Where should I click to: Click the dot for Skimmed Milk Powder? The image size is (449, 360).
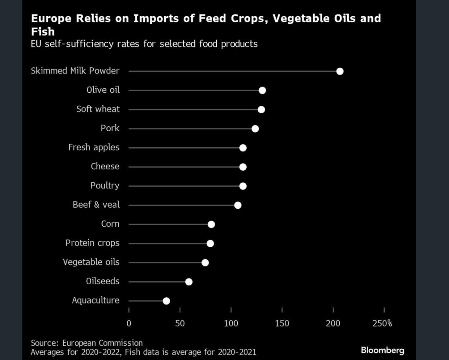(340, 71)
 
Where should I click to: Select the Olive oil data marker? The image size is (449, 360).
(262, 90)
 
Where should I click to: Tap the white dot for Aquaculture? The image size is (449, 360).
(166, 301)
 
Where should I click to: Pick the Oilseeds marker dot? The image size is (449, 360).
(189, 282)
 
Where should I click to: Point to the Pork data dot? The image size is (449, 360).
(255, 129)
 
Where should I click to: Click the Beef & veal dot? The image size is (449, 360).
(238, 205)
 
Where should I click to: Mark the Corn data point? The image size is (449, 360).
(211, 225)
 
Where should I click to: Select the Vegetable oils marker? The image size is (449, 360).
(205, 263)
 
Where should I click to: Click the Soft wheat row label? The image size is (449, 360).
(98, 109)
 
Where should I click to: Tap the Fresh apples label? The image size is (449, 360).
(94, 147)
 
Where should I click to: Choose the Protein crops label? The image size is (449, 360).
(92, 243)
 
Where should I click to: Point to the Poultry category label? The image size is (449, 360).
(105, 186)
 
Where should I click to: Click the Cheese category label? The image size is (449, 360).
(105, 167)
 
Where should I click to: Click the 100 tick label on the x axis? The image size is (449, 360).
(231, 324)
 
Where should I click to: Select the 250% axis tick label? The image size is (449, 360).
(382, 324)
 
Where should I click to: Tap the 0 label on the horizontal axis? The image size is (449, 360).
(129, 324)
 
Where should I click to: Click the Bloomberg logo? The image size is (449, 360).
(382, 350)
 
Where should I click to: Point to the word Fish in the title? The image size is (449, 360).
(43, 32)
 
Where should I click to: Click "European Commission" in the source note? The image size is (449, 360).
(102, 343)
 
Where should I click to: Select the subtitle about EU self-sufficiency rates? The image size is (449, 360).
(144, 44)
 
